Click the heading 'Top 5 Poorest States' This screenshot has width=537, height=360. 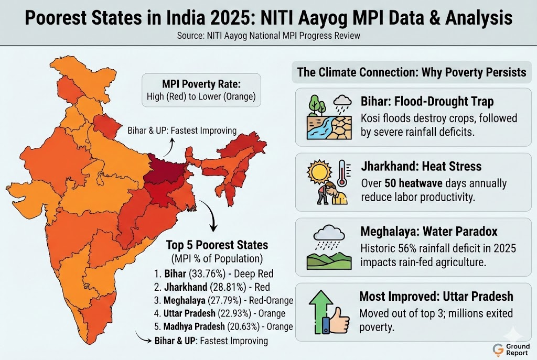[x=217, y=245]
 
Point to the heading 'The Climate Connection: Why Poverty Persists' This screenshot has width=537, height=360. [x=411, y=72]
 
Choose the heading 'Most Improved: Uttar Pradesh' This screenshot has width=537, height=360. [x=436, y=296]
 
